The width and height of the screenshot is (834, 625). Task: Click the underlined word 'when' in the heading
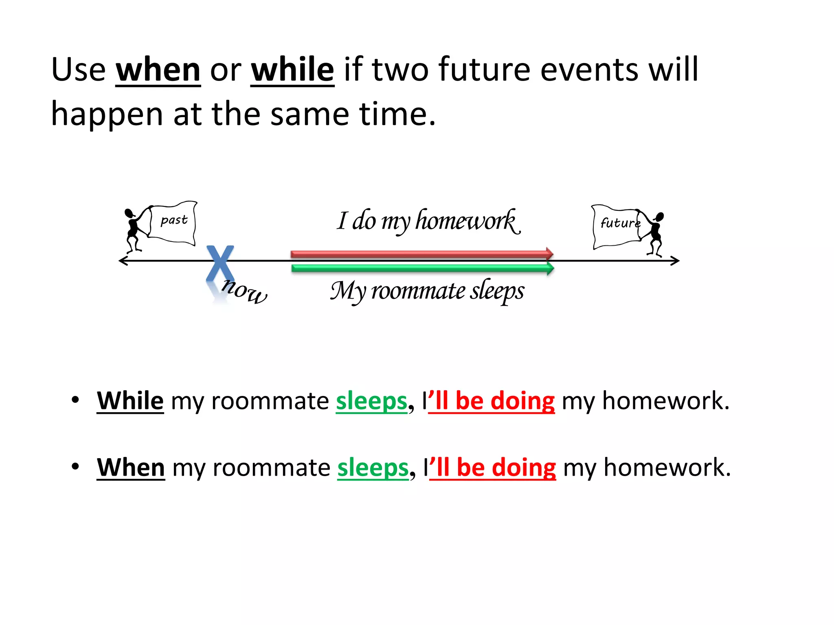tap(158, 70)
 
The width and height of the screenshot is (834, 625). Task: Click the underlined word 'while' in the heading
tap(292, 70)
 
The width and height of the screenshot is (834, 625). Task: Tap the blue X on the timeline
tap(220, 264)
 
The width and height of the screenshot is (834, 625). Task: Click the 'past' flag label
tap(174, 220)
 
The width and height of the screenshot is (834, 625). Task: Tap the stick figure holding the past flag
tap(132, 230)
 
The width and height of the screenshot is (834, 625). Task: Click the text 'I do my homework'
tap(428, 221)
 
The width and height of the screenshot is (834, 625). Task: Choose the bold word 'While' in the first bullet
tap(130, 401)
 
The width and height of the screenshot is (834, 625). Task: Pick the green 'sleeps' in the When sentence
tap(373, 468)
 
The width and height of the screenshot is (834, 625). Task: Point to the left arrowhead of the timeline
tap(121, 261)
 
